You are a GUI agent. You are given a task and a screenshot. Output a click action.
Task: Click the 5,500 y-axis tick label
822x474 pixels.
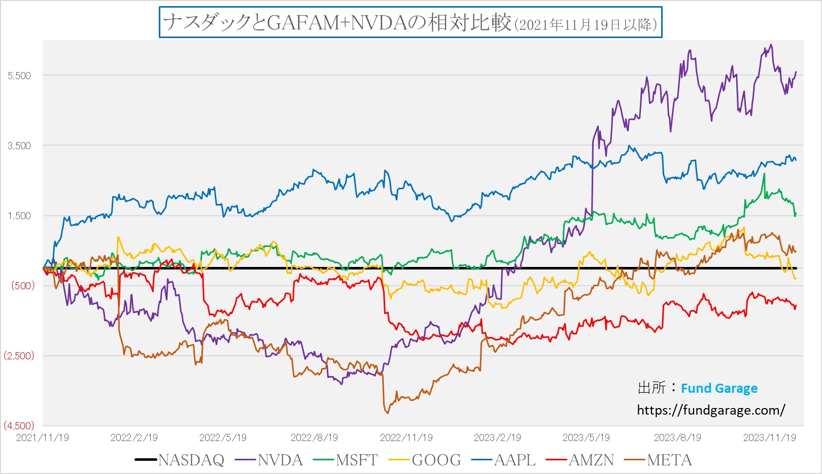click(x=19, y=76)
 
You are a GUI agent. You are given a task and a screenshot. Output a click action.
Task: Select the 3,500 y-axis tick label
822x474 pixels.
click(x=19, y=146)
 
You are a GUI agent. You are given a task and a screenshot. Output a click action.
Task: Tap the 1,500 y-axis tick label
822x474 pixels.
click(x=19, y=216)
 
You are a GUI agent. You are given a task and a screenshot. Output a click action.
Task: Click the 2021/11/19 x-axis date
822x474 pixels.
click(x=43, y=437)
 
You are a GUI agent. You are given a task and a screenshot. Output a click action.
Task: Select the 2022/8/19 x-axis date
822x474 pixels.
click(x=314, y=437)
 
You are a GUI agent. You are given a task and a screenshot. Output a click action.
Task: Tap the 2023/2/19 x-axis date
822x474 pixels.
click(x=497, y=437)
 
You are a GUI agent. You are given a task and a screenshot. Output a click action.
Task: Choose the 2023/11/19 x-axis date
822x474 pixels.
click(x=769, y=437)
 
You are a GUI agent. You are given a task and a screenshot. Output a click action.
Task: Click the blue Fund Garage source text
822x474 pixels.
click(x=719, y=388)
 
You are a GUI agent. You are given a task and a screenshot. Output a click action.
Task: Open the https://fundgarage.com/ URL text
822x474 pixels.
click(x=711, y=410)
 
